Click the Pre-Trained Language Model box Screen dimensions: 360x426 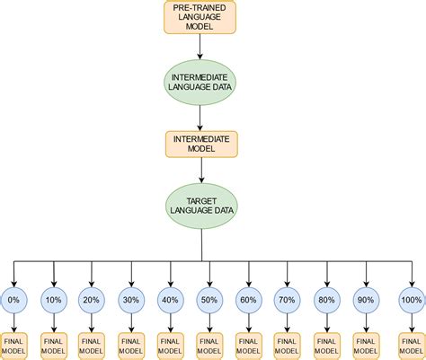tap(200, 17)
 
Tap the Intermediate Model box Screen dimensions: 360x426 tap(200, 144)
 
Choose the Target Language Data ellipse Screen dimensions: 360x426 tap(200, 206)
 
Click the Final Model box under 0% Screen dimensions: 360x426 tap(14, 346)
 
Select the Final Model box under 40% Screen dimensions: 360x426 tap(170, 346)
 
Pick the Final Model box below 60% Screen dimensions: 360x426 tap(248, 346)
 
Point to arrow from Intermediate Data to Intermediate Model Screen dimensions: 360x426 tap(200, 118)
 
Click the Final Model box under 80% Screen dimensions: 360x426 tap(326, 346)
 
